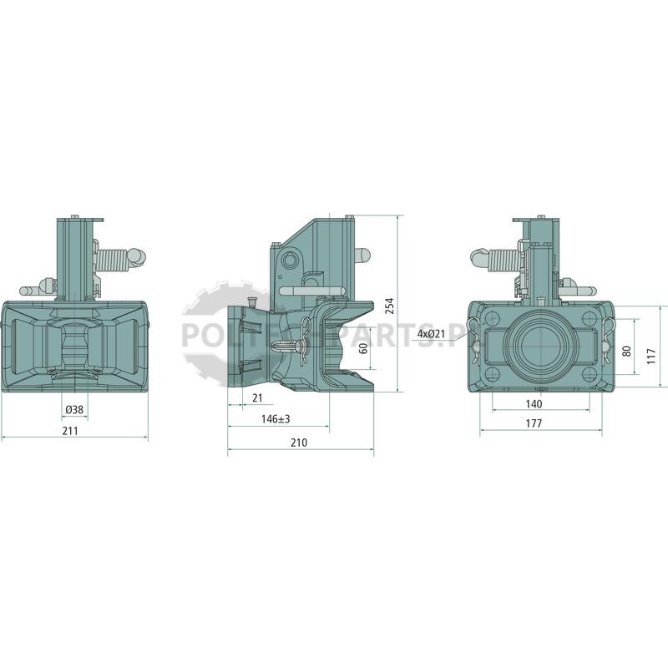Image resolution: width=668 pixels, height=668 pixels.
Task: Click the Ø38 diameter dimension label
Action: (x=74, y=410)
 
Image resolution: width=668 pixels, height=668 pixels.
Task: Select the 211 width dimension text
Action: (x=70, y=431)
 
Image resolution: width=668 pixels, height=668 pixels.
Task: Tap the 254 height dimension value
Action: (x=389, y=306)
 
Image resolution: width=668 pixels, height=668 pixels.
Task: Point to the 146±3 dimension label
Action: (x=276, y=419)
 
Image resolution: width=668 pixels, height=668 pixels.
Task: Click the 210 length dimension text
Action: (x=299, y=443)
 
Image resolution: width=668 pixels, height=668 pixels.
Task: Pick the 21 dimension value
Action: (x=257, y=398)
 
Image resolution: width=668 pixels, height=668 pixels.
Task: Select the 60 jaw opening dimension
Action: (x=363, y=348)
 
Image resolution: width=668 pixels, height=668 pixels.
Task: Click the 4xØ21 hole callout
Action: (x=431, y=333)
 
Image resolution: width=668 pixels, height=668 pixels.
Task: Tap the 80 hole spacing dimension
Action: (x=626, y=352)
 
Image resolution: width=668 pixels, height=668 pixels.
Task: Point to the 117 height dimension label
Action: (x=651, y=356)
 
